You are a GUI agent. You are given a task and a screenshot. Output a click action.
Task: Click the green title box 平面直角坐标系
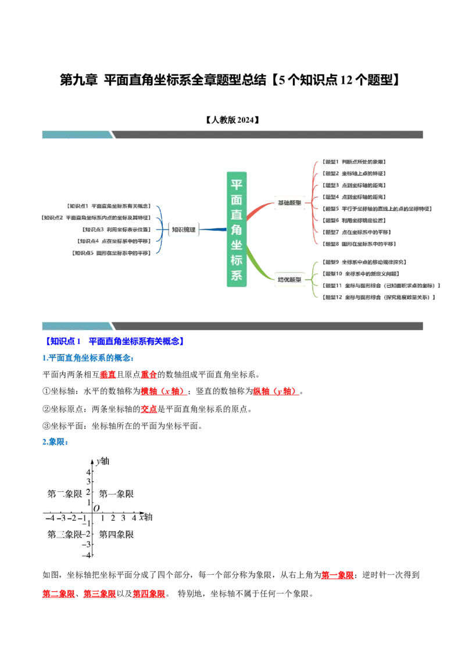[x=237, y=228]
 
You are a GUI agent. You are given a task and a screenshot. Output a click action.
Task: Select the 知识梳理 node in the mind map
[x=184, y=230]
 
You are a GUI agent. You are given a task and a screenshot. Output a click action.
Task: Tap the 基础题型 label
[x=289, y=203]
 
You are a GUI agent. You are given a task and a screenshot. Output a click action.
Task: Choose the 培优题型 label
[x=289, y=280]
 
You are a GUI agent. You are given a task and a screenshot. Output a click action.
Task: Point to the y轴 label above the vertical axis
[x=103, y=462]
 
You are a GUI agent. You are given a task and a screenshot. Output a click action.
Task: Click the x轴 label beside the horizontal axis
[x=146, y=517]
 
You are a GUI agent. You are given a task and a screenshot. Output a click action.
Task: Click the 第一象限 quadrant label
[x=116, y=494]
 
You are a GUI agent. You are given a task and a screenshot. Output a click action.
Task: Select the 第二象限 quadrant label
[x=65, y=494]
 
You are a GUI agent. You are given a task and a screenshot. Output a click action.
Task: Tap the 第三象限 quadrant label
[x=65, y=534]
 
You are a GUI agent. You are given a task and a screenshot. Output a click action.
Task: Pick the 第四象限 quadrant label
[x=116, y=534]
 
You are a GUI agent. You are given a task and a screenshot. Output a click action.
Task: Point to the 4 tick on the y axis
[x=89, y=472]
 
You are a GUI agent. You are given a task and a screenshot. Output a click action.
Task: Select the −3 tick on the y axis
[x=87, y=545]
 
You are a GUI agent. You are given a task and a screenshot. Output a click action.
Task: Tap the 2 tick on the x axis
[x=113, y=518]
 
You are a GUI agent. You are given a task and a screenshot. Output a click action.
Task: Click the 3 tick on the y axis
[x=89, y=482]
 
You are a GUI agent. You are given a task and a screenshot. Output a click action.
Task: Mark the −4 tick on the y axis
[x=87, y=555]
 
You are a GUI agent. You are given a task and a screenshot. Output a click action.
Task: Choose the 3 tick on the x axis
[x=123, y=518]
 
